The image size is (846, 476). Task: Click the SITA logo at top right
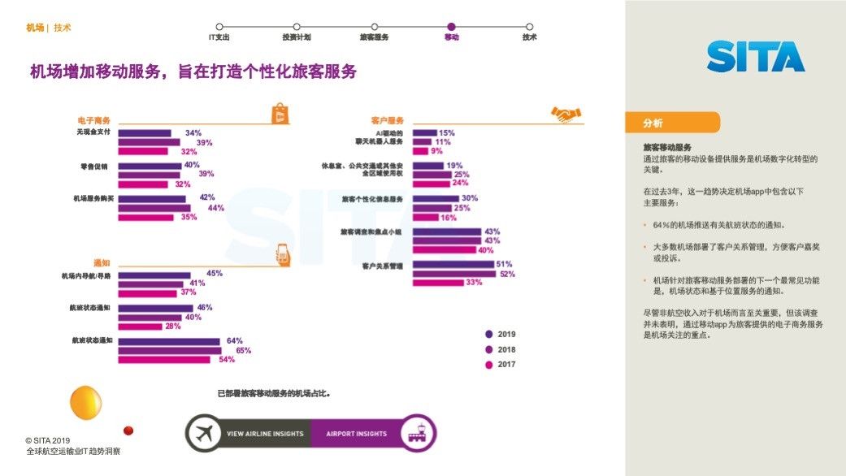756,56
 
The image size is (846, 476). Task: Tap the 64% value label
235,341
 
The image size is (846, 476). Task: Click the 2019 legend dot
489,334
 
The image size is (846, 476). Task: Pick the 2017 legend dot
489,365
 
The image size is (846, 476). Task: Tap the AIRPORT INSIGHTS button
358,434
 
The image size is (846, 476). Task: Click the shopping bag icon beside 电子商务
278,114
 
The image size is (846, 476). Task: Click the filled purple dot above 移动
451,27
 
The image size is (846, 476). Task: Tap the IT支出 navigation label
219,37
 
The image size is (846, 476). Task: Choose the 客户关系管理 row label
383,266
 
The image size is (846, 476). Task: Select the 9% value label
437,151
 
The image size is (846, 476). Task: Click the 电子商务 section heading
93,121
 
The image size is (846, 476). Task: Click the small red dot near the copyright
128,431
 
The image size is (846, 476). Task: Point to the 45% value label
215,274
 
